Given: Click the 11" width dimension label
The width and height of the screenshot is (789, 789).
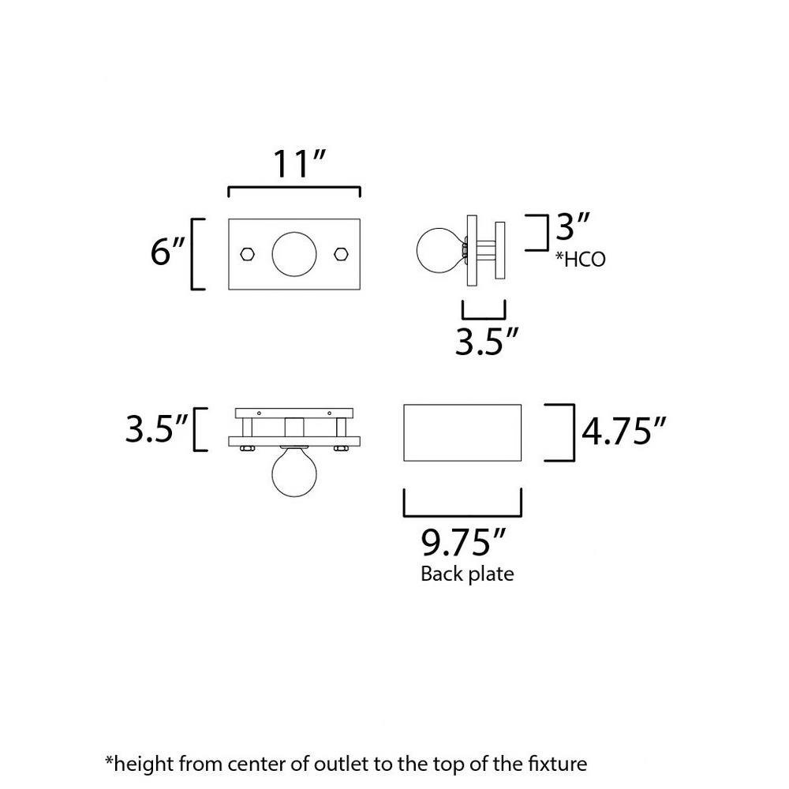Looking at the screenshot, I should [x=299, y=163].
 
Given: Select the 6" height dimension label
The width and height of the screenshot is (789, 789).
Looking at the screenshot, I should [x=167, y=253].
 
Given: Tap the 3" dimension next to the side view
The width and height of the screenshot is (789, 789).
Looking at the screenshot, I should [x=574, y=229].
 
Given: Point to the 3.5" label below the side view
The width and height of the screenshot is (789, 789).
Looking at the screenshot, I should [x=488, y=341].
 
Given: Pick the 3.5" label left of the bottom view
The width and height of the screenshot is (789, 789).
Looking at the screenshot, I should [x=157, y=430].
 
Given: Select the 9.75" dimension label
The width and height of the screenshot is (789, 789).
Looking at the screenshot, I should [x=463, y=544].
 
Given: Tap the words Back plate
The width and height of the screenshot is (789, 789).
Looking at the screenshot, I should [x=467, y=574].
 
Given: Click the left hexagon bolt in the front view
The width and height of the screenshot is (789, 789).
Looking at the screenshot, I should [x=247, y=254].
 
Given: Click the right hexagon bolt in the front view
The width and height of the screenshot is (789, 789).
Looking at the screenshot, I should [x=342, y=254].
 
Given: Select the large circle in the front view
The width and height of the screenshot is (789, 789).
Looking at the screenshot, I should [x=294, y=254].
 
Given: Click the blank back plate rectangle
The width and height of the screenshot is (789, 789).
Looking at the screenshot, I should [x=462, y=432].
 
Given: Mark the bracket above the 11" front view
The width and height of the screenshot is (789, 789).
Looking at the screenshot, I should [x=294, y=191].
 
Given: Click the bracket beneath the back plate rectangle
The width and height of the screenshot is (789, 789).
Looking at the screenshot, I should [x=462, y=505].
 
